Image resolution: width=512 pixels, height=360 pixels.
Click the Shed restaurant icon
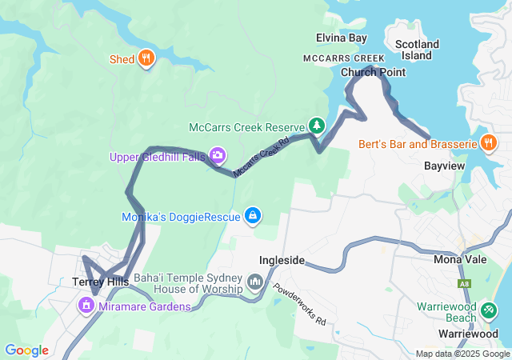[x=146, y=58]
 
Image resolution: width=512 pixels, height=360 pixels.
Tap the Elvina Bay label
[x=341, y=38]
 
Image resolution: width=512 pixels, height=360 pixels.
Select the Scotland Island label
[x=417, y=50]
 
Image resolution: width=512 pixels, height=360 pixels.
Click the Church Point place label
[x=373, y=72]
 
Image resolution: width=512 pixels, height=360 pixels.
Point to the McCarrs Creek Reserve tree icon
[x=318, y=126]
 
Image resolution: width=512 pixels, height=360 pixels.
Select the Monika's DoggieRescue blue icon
[x=253, y=215]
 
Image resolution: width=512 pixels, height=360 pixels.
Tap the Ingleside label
[x=282, y=261]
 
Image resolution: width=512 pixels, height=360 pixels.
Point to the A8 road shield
[x=465, y=283]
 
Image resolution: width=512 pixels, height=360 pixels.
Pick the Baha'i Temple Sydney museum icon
[x=255, y=282]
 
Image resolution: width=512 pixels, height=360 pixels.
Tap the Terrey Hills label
[x=100, y=282]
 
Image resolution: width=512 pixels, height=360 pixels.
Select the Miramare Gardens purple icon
[x=86, y=306]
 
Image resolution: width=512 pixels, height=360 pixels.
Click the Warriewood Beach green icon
[x=489, y=309]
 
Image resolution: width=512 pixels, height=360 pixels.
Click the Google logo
[x=26, y=350]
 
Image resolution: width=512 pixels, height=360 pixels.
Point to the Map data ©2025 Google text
[x=462, y=354]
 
